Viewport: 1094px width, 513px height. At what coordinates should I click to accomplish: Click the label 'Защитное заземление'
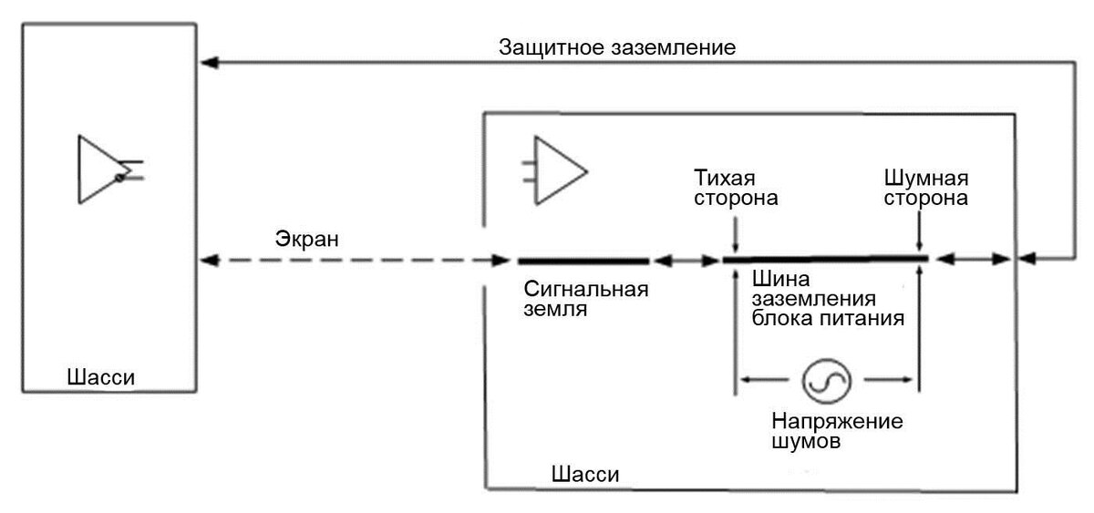click(617, 47)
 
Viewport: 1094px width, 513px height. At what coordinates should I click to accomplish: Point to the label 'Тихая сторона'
click(736, 187)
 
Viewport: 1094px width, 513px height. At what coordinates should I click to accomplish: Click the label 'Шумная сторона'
click(925, 187)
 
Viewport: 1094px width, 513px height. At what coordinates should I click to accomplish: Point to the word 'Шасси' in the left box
click(106, 376)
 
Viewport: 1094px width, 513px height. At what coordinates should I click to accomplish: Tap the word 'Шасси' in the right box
click(585, 475)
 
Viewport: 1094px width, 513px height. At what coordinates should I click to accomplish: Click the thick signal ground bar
click(583, 261)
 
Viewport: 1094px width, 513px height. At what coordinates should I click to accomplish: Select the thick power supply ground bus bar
click(825, 260)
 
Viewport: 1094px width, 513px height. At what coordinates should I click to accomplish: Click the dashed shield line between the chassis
click(356, 261)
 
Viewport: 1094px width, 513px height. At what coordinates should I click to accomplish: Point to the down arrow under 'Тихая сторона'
click(736, 235)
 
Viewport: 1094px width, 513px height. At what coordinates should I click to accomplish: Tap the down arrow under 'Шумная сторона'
click(921, 235)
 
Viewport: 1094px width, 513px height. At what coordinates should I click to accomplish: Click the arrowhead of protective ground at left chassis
click(208, 63)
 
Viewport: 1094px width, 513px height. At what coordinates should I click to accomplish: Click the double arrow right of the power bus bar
click(972, 261)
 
